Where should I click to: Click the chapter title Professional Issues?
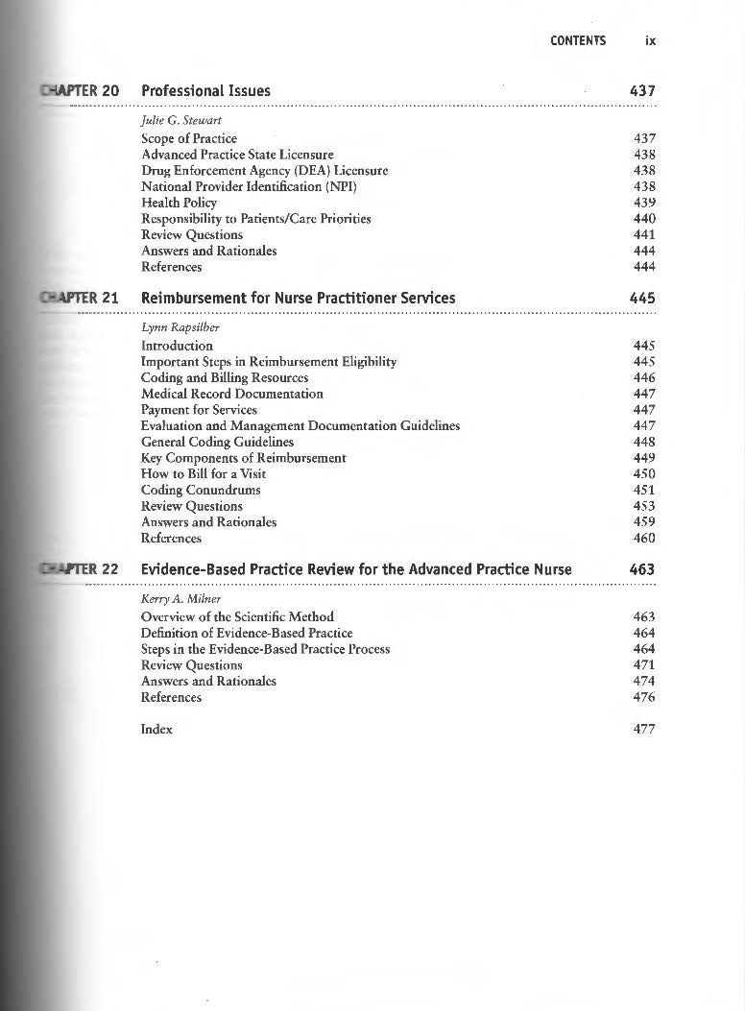(x=205, y=91)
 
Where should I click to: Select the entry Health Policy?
(x=179, y=203)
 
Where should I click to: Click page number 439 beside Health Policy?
(x=644, y=203)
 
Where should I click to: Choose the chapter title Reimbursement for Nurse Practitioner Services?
(x=298, y=298)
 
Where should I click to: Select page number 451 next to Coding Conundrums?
(x=644, y=490)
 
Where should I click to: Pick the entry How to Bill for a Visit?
(x=203, y=473)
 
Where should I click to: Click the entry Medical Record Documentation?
(x=231, y=394)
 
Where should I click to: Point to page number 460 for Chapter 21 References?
(x=644, y=538)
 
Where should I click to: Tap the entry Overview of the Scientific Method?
(x=237, y=616)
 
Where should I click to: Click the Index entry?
(x=156, y=729)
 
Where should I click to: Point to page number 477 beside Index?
(x=644, y=729)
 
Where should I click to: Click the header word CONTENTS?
(x=578, y=40)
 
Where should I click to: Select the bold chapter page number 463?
(x=641, y=569)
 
